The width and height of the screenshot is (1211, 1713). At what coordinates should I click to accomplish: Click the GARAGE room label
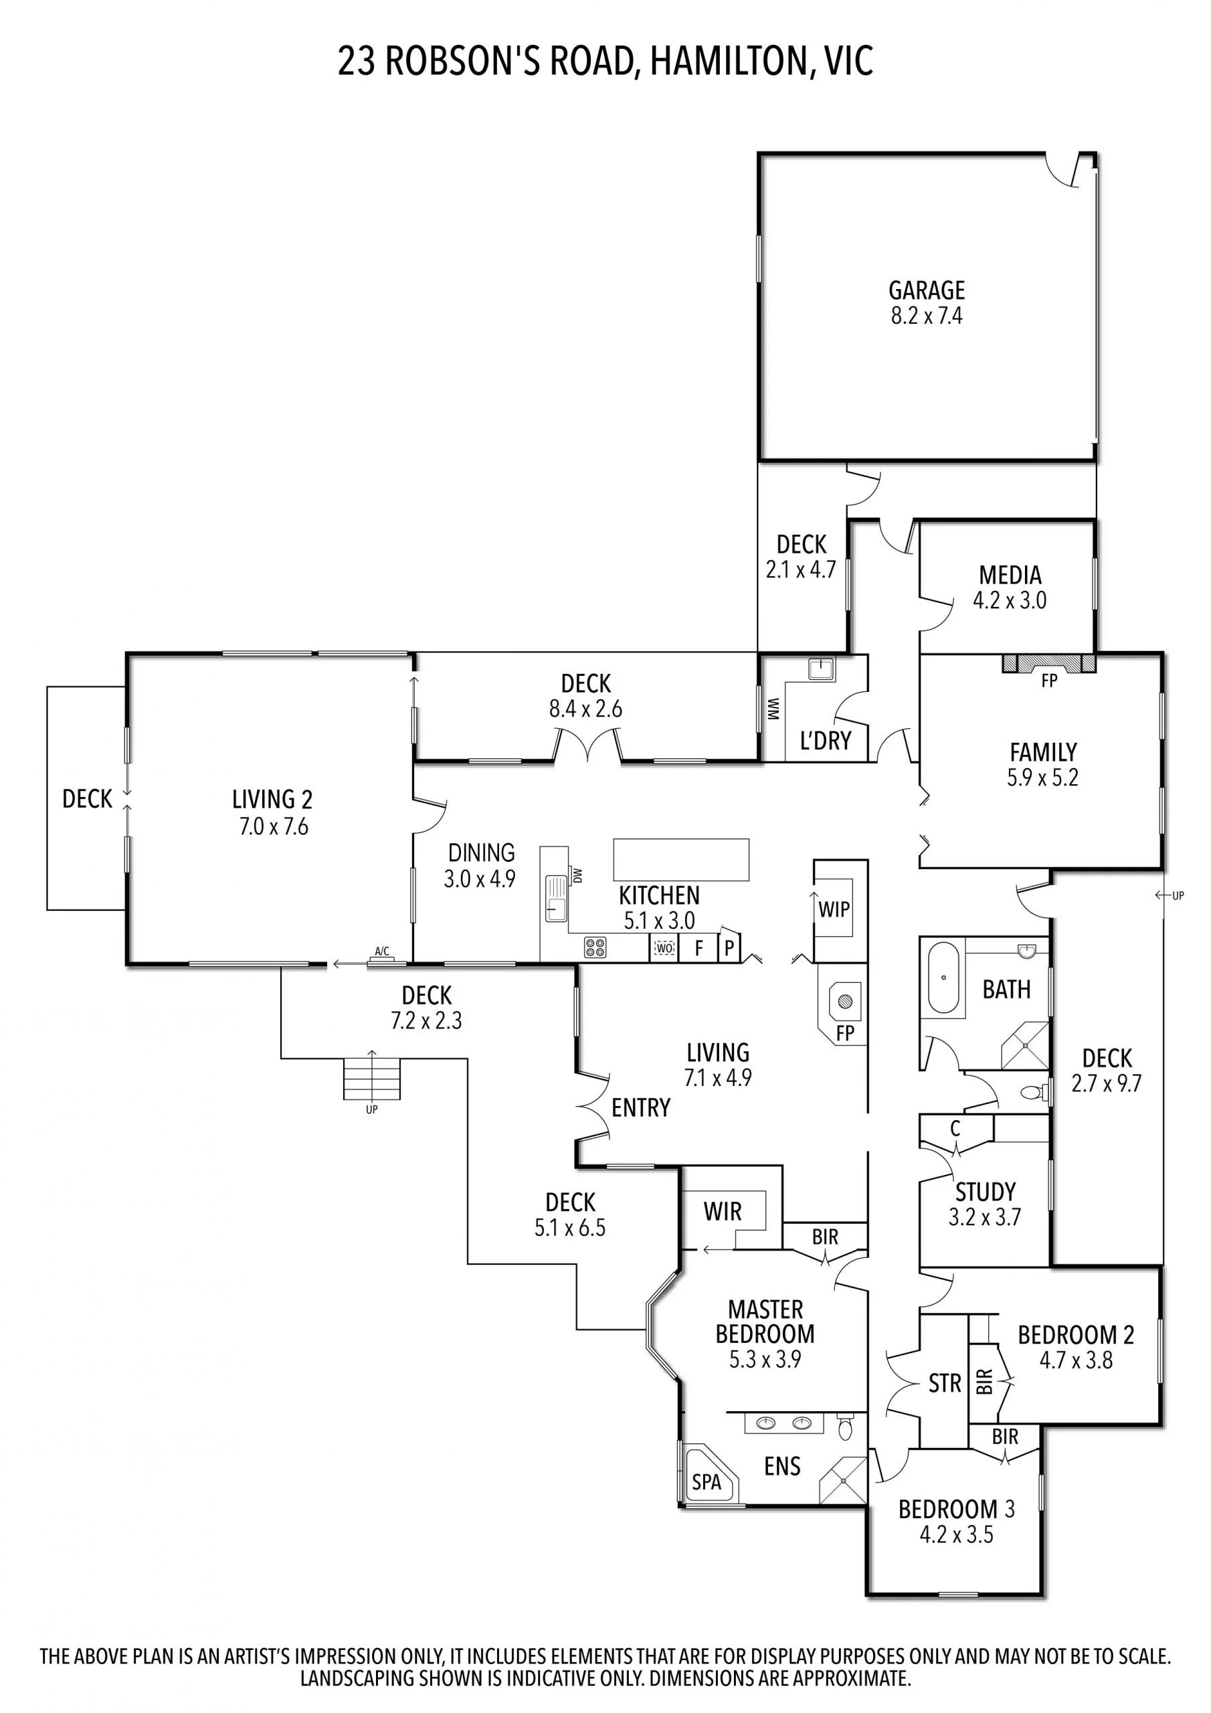[x=926, y=290]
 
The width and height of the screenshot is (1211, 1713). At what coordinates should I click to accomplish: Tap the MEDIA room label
[x=1010, y=575]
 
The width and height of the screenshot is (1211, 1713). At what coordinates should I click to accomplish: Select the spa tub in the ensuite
[x=707, y=1481]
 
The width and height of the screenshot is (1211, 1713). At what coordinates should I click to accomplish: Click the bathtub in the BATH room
[x=943, y=977]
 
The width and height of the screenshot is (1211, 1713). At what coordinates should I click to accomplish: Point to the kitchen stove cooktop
[x=595, y=948]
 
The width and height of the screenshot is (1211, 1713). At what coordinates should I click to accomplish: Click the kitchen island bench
[x=680, y=859]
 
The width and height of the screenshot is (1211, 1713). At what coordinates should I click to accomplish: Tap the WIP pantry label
[x=834, y=909]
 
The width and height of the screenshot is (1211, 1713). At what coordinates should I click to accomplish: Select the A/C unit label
[x=381, y=952]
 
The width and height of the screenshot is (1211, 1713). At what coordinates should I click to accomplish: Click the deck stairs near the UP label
[x=371, y=1078]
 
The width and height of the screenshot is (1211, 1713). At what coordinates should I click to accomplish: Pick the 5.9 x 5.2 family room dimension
[x=1042, y=778]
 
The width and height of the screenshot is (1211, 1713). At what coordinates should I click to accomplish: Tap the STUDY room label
[x=985, y=1192]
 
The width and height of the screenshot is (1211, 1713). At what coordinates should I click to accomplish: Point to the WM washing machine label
[x=773, y=709]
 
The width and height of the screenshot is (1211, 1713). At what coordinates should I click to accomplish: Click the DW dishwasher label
[x=577, y=875]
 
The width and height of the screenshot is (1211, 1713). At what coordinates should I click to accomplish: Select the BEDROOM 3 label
[x=956, y=1510]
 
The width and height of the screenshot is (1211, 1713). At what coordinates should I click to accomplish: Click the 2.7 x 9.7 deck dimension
[x=1107, y=1083]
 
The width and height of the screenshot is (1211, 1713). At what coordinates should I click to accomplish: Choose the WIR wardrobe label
[x=723, y=1212]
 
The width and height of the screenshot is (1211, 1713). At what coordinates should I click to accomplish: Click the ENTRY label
[x=640, y=1108]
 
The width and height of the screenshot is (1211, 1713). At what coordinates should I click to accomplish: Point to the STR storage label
[x=945, y=1384]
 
